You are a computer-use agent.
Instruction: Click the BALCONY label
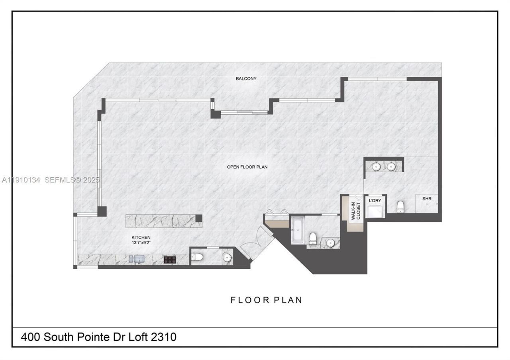point(246,78)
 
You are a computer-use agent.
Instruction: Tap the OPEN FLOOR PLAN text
point(247,167)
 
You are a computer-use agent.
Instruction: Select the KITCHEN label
point(141,237)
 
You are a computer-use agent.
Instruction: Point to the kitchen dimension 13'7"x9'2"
point(141,243)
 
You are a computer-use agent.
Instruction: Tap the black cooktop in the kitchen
point(170,260)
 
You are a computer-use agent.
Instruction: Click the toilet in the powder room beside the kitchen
point(198,257)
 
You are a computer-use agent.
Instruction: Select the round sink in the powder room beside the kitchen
point(227,257)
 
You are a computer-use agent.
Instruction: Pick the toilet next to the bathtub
point(313,239)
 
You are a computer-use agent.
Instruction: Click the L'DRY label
point(375,200)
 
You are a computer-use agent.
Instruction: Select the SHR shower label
point(427,198)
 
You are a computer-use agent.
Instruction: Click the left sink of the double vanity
point(376,166)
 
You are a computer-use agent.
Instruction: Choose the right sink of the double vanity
point(391,166)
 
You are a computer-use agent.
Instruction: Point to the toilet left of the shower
point(400,206)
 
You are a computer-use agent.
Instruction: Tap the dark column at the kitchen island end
point(199,218)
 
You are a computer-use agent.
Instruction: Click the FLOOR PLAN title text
point(266,300)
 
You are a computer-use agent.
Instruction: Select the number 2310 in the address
point(164,337)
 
